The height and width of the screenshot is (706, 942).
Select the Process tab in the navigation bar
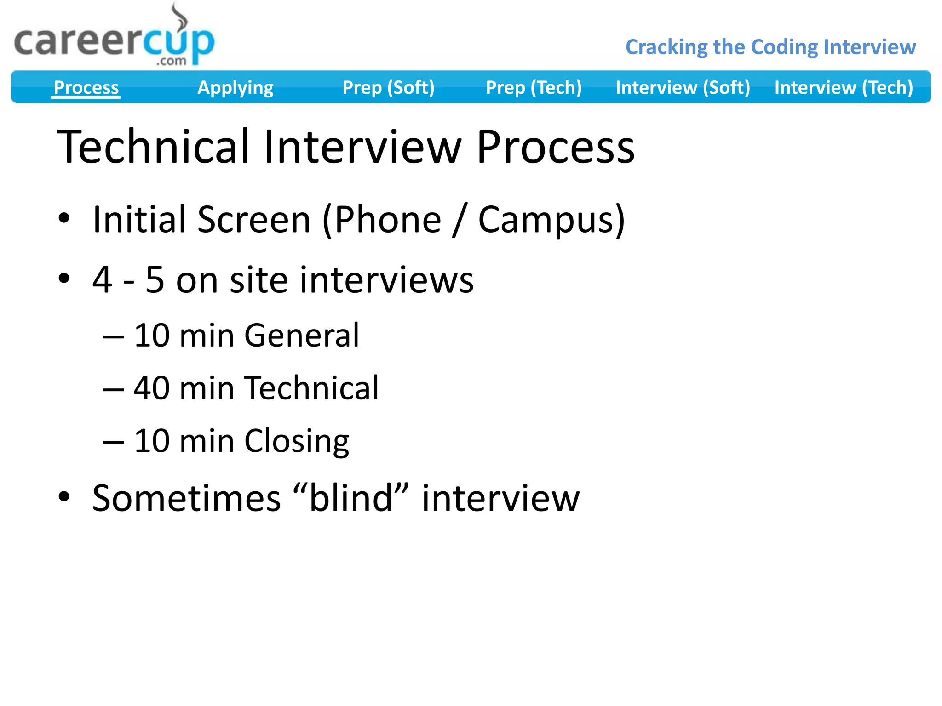(x=86, y=87)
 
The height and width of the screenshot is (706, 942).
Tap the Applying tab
(x=235, y=87)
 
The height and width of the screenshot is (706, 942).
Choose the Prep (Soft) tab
(x=388, y=87)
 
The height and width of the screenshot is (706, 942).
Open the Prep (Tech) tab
(x=534, y=87)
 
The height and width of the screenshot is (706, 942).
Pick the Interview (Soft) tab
(x=683, y=87)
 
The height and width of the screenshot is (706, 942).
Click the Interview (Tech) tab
(x=844, y=87)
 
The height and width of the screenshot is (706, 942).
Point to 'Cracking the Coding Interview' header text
(x=770, y=47)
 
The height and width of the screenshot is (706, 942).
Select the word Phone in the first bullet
(x=387, y=220)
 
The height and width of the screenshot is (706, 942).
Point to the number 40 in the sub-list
(x=151, y=388)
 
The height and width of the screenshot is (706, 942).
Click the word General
(x=301, y=335)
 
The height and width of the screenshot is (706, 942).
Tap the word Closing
(x=296, y=441)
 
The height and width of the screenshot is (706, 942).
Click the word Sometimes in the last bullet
(x=186, y=498)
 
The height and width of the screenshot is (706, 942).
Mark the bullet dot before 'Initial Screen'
(x=64, y=218)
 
